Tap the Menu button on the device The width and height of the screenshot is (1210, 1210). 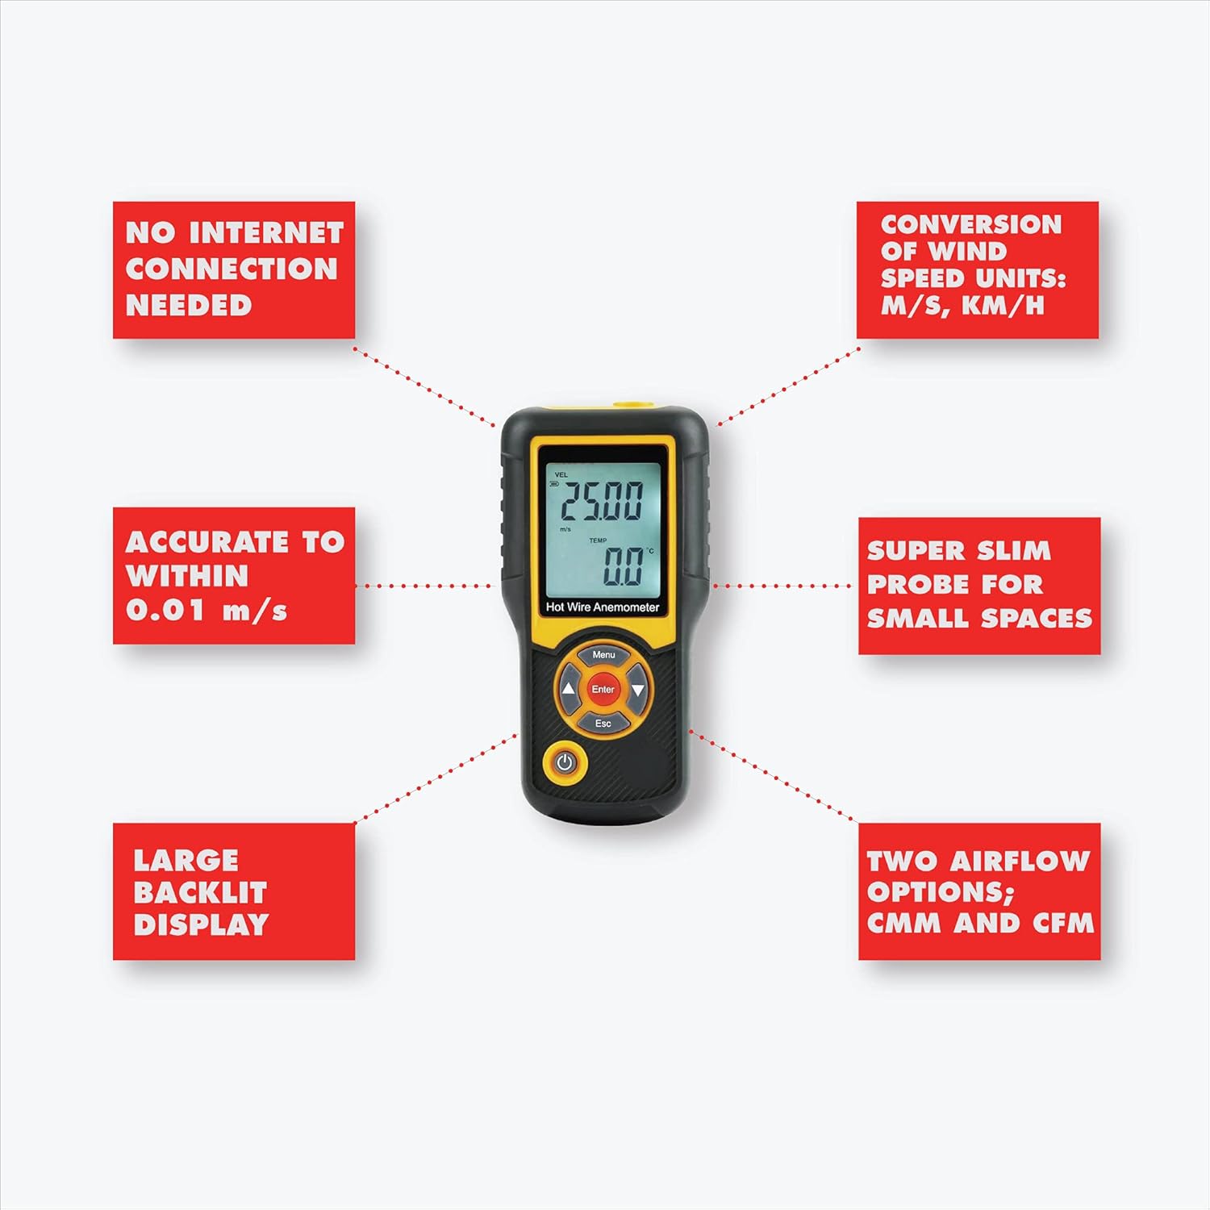[603, 655]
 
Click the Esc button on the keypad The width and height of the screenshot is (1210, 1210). [603, 724]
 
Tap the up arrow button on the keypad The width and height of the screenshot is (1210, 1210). [568, 690]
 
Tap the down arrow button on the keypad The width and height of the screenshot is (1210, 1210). [638, 690]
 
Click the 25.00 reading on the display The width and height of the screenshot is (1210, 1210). [602, 502]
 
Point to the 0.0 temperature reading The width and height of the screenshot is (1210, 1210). [624, 567]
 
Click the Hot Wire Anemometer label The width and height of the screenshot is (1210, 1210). [603, 607]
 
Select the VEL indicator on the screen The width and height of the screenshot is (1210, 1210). [561, 475]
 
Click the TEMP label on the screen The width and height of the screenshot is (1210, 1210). [598, 540]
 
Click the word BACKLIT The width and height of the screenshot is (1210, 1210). [199, 893]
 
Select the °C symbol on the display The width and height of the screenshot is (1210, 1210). [650, 551]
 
